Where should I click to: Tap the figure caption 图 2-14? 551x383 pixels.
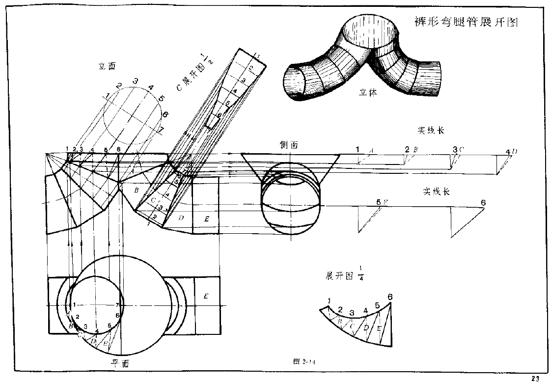[x=304, y=362]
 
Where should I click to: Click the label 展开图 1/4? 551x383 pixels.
[x=344, y=275]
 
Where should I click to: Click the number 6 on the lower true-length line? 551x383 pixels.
[x=483, y=203]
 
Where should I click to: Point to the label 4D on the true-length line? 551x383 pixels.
[x=511, y=152]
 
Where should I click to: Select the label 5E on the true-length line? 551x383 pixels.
[x=382, y=202]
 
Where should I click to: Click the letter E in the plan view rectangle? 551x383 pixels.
[x=206, y=296]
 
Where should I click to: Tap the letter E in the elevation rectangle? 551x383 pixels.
[x=207, y=219]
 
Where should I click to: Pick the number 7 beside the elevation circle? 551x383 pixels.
[x=161, y=130]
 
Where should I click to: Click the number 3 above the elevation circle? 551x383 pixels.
[x=134, y=81]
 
